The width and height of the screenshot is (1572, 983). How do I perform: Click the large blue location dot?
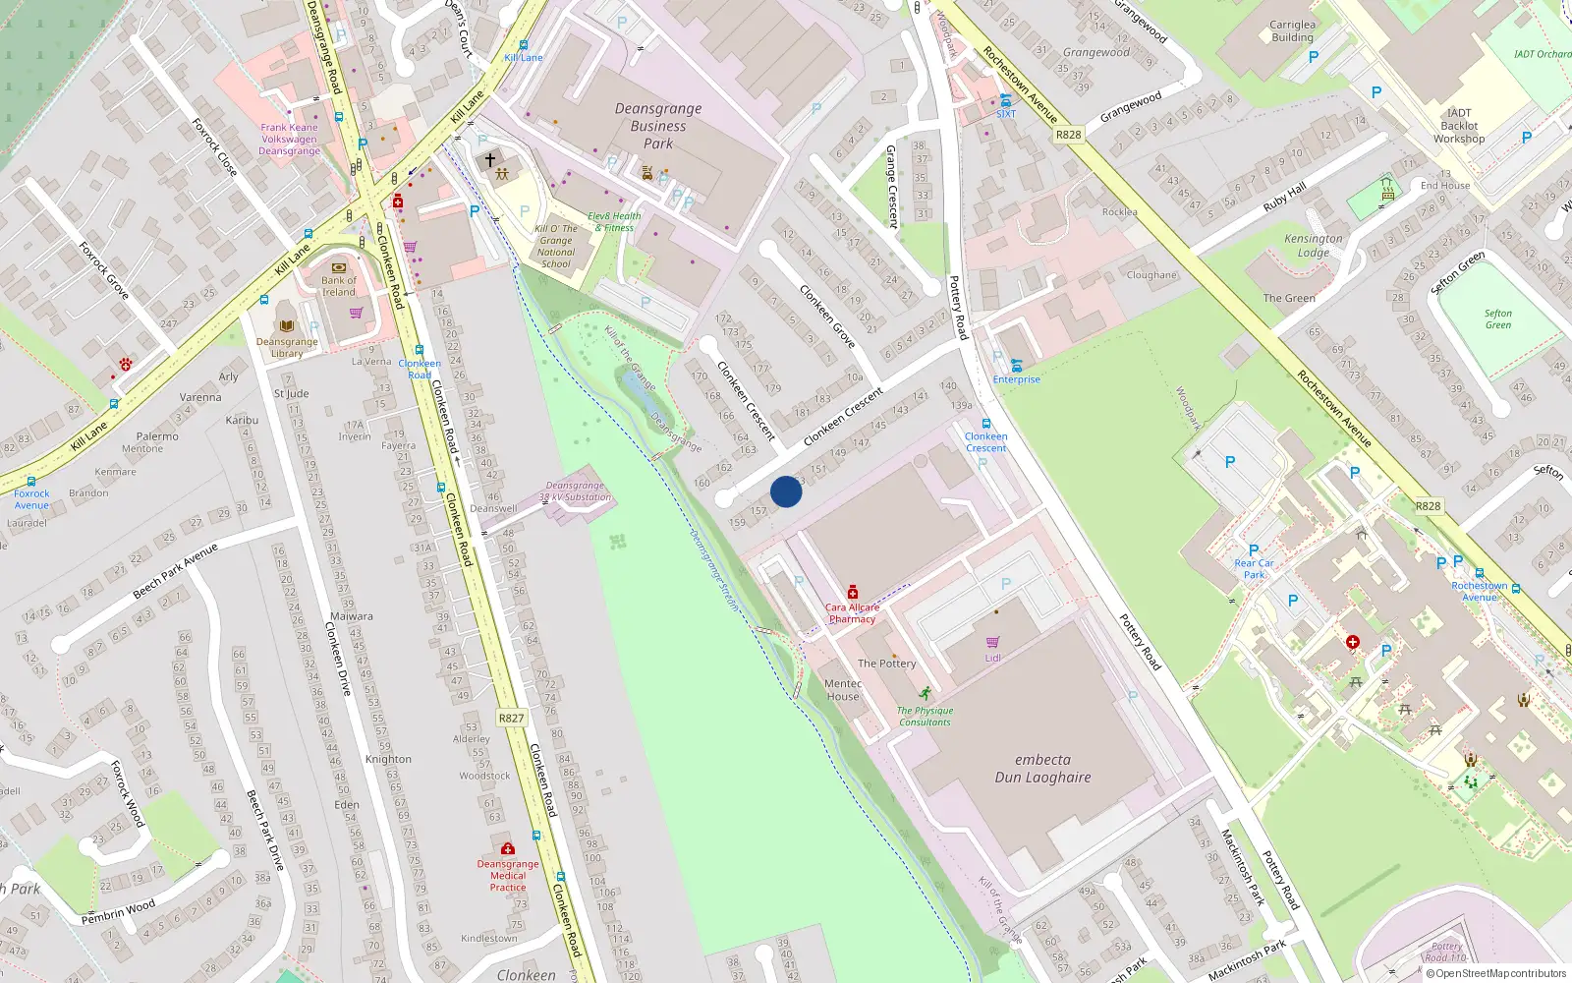tap(786, 491)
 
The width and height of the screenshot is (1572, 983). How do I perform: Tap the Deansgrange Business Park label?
tap(658, 126)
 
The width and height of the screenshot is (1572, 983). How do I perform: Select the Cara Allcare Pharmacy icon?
tap(853, 593)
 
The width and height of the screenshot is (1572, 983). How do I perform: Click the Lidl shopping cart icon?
tap(992, 642)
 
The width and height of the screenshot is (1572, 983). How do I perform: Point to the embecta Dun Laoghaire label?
tap(1042, 769)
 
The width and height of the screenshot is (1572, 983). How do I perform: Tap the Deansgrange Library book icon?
tap(287, 325)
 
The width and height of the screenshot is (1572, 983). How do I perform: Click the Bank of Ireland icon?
tap(339, 266)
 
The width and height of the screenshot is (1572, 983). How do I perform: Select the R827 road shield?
tap(511, 718)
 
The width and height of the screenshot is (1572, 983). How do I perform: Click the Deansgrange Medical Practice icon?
tap(508, 848)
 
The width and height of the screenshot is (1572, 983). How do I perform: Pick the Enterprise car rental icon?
tap(1016, 366)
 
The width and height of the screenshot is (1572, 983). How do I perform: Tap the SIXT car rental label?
tap(1006, 114)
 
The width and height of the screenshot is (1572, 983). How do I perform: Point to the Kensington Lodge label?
tap(1313, 246)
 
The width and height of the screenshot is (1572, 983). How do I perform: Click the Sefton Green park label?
tap(1497, 319)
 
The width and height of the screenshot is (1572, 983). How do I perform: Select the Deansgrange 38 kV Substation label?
tap(576, 491)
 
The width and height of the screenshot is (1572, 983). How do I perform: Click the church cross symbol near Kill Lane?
tap(490, 159)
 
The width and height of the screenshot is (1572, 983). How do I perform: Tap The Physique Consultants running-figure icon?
tap(925, 693)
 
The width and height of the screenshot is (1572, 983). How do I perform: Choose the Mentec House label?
tap(843, 690)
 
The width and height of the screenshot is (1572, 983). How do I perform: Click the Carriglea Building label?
tap(1292, 31)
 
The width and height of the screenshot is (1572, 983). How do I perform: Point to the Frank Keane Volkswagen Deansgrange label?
tap(289, 139)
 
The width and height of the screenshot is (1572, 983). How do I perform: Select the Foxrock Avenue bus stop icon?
tap(31, 482)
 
